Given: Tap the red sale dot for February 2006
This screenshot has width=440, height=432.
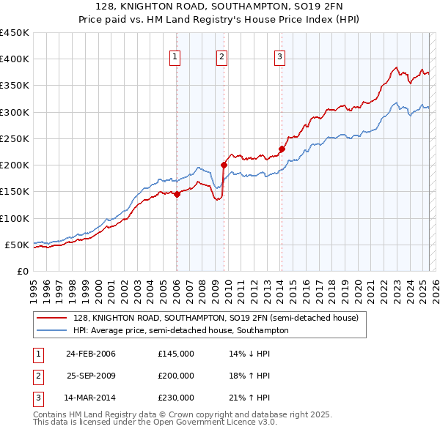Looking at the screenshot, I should coord(177,194).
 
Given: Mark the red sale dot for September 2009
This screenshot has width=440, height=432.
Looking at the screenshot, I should coord(224,165).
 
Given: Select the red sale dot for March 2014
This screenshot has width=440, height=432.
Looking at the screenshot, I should coord(282,149).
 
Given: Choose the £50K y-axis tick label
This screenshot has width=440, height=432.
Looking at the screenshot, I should coord(17,245).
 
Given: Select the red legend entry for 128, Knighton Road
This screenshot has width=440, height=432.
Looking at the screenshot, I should coord(215,318).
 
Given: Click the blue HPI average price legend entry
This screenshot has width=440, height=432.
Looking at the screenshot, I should coord(180,330).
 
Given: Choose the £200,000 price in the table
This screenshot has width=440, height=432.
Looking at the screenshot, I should coord(176,376).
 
